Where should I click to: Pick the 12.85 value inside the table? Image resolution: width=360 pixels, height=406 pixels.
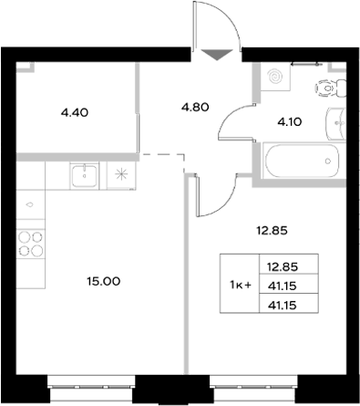[x=283, y=268]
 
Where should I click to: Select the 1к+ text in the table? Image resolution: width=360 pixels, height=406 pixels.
[x=240, y=285]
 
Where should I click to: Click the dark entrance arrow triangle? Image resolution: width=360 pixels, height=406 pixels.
[x=215, y=54]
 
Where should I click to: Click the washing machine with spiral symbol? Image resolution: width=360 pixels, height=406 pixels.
[x=273, y=79]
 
